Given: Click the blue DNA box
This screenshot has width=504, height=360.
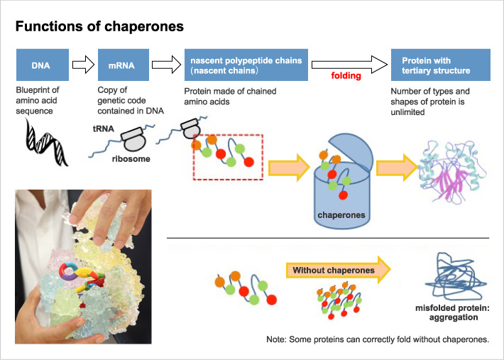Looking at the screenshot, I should point(43,65).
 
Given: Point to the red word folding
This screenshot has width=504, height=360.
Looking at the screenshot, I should point(349,74).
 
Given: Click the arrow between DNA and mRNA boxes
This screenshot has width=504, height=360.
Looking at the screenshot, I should point(84,66).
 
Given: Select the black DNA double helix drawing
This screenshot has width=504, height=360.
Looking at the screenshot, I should point(46,142).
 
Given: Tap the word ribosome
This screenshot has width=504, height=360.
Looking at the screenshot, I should point(131,160).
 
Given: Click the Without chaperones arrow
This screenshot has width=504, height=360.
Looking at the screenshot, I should point(339,271).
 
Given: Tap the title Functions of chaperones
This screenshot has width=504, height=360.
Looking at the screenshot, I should point(100,27).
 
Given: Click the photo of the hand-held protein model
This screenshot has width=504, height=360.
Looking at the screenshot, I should point(83,266).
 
